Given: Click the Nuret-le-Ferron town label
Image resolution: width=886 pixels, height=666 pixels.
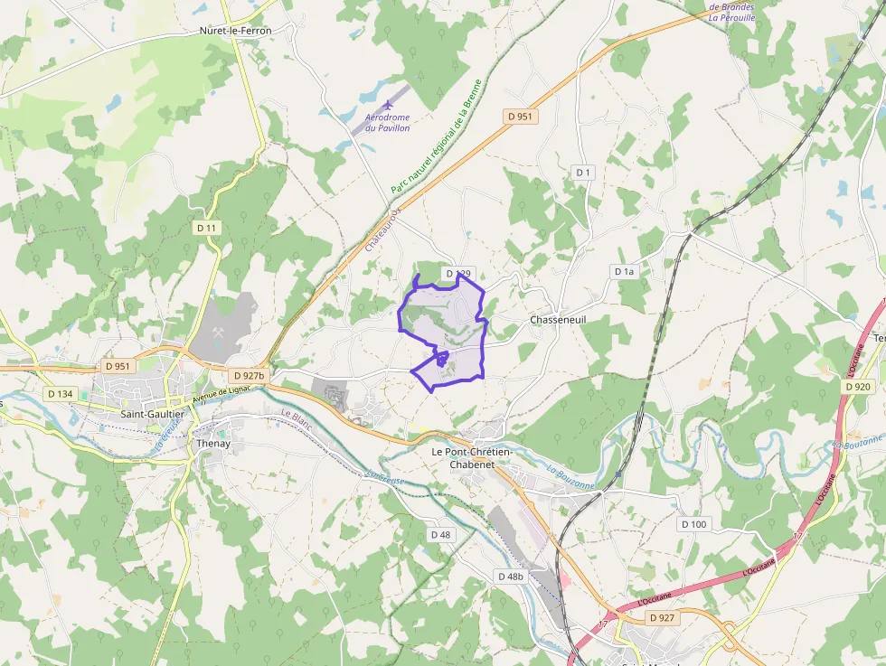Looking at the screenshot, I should pyautogui.click(x=235, y=30).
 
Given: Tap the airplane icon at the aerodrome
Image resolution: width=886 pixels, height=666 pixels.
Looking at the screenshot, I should pyautogui.click(x=389, y=105).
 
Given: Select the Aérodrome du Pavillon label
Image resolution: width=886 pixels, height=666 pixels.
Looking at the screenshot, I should pyautogui.click(x=388, y=123).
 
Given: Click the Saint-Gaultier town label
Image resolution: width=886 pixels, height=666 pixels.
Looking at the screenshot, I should pyautogui.click(x=152, y=414).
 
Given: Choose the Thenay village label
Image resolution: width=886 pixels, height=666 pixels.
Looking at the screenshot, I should pyautogui.click(x=213, y=444).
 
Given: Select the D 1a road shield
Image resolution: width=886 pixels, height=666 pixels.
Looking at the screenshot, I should pyautogui.click(x=625, y=271).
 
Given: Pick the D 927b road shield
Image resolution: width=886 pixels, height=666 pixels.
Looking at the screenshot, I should pyautogui.click(x=248, y=375).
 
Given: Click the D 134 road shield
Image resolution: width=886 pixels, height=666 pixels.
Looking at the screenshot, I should pyautogui.click(x=60, y=394).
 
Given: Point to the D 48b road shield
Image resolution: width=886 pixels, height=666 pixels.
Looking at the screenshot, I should pyautogui.click(x=510, y=577).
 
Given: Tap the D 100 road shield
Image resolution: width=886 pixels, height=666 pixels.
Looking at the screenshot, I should pyautogui.click(x=694, y=524).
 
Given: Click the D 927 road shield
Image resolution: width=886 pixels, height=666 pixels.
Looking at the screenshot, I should pyautogui.click(x=662, y=618).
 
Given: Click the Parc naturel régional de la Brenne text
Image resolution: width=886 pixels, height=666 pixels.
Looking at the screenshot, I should pyautogui.click(x=438, y=136).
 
